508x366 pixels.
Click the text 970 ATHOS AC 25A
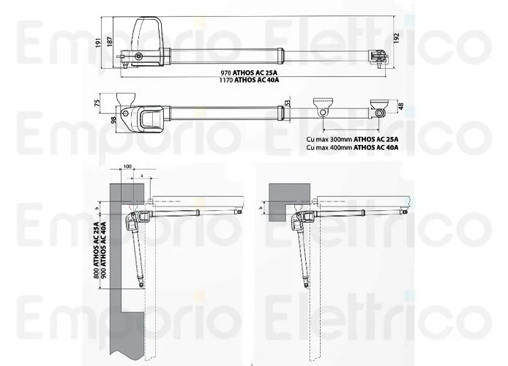(249, 73)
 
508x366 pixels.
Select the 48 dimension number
(399, 107)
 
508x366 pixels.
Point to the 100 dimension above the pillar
(129, 168)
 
